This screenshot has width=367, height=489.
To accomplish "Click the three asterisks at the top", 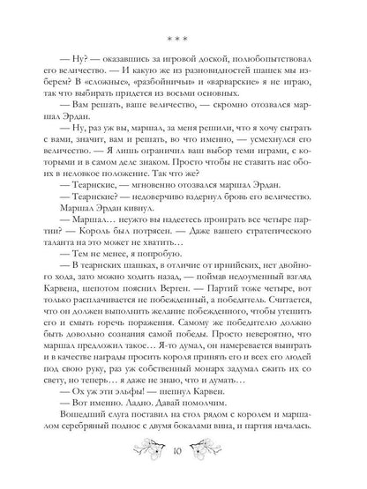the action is click(183, 41).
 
